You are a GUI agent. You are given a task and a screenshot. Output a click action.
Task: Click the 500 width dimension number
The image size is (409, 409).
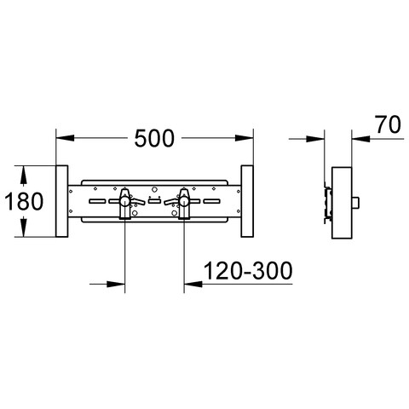154,138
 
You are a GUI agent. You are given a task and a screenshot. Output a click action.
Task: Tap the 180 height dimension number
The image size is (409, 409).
24,201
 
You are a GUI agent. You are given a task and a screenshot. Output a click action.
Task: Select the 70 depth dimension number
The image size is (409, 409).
389,124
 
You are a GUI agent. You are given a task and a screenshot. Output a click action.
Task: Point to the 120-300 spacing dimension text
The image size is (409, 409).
248,271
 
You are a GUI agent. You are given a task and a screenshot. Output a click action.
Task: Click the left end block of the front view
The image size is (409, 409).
62,201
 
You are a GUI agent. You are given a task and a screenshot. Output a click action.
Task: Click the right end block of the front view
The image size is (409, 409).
247,201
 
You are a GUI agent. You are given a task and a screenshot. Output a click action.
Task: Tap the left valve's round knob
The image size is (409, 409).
124,201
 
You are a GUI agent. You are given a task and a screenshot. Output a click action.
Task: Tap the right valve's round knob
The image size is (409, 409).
183,201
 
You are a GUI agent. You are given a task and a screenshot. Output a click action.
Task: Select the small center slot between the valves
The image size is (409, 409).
154,201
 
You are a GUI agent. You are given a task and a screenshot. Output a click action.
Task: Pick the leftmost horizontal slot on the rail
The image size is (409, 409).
97,201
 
